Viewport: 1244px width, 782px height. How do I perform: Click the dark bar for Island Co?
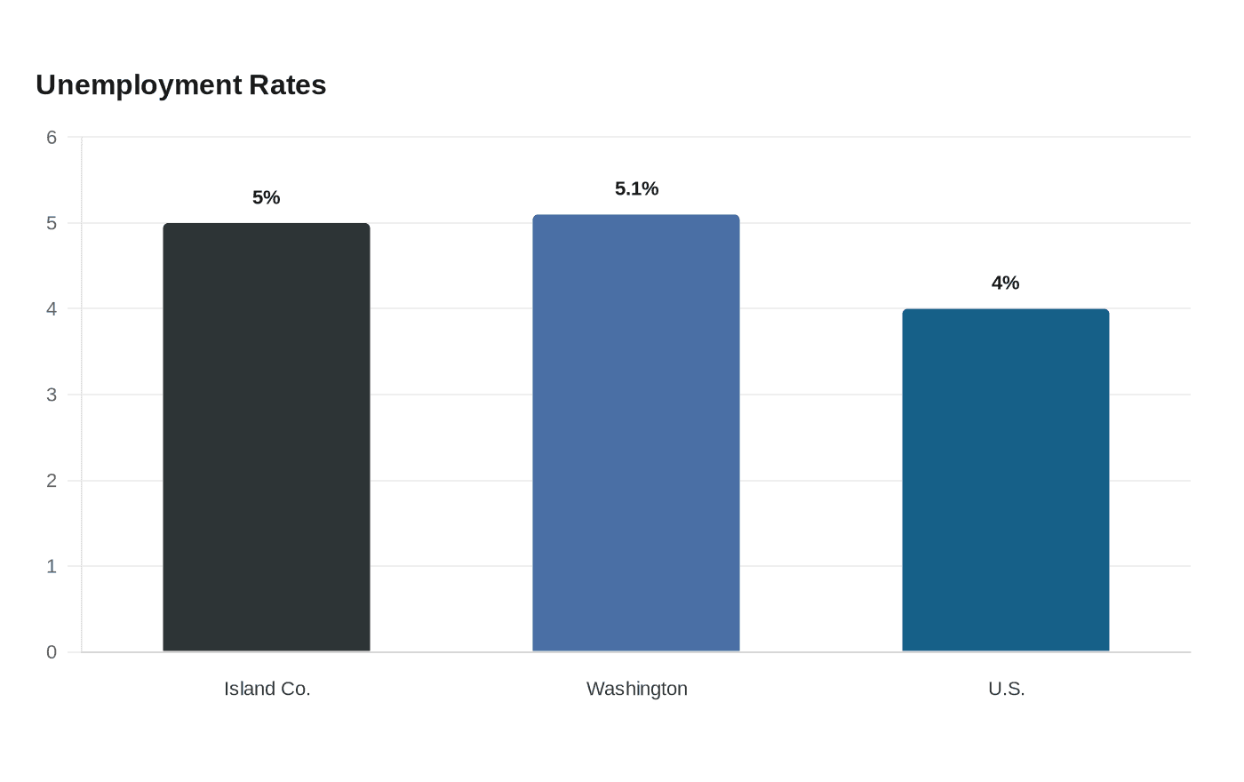[x=267, y=437]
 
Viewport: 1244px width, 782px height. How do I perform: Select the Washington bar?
[x=636, y=433]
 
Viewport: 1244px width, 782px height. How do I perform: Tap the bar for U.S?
[x=1006, y=480]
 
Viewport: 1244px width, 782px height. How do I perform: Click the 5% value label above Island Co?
[x=266, y=197]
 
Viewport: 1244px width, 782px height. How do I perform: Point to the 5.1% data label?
[x=636, y=188]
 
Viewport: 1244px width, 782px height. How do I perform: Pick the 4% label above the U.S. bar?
[x=1005, y=283]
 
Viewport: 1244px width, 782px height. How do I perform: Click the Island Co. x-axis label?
[x=267, y=689]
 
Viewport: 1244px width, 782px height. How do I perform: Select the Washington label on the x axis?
[x=637, y=690]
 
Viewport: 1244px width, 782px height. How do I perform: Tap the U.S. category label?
[x=1006, y=689]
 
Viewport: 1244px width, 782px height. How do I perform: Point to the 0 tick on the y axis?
[x=52, y=652]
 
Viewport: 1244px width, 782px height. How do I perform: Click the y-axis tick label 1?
[x=52, y=567]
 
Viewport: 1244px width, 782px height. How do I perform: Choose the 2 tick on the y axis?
[x=52, y=481]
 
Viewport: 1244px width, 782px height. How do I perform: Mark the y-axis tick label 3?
[x=52, y=395]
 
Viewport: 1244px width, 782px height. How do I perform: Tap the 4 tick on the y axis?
[x=52, y=309]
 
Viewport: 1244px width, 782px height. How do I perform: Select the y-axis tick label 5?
[x=52, y=223]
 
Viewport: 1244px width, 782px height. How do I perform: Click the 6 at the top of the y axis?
[x=52, y=137]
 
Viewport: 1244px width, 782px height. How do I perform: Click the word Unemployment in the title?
[x=139, y=86]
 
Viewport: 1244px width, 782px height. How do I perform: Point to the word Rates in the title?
[x=288, y=85]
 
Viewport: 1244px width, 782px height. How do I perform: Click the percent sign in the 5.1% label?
[x=650, y=188]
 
